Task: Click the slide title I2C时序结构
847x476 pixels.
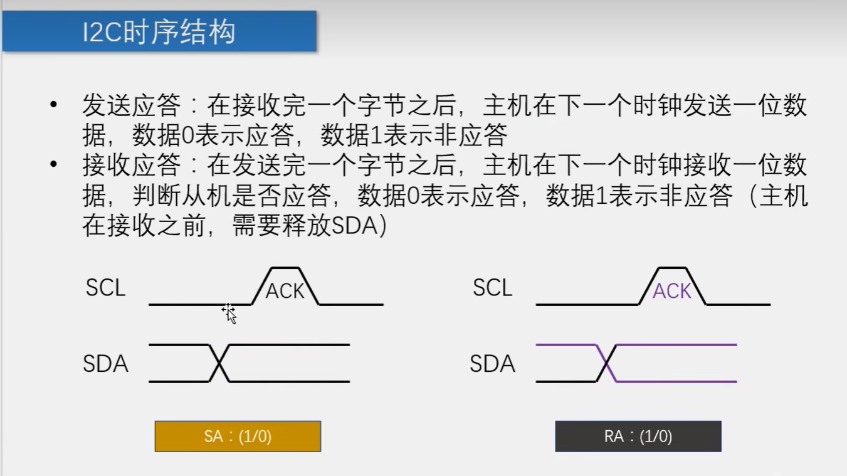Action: (159, 32)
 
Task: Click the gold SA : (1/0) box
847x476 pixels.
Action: (238, 436)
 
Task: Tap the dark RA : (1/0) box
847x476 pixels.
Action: (638, 436)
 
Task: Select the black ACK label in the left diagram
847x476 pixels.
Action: (285, 291)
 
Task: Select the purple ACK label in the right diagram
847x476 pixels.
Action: (672, 291)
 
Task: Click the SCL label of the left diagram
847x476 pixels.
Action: (106, 288)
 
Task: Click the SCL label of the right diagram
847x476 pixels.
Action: (493, 288)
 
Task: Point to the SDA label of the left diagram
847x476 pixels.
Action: (105, 364)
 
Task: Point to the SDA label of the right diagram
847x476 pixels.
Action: (492, 364)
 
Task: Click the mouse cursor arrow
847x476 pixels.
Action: (229, 314)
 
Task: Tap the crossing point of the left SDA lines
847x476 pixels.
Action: (219, 363)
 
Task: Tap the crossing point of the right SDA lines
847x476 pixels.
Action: (606, 363)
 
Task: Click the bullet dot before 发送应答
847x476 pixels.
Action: (55, 105)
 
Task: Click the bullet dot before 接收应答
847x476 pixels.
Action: (55, 165)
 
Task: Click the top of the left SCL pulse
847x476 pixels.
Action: (285, 268)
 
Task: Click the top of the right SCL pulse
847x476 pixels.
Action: (672, 268)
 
